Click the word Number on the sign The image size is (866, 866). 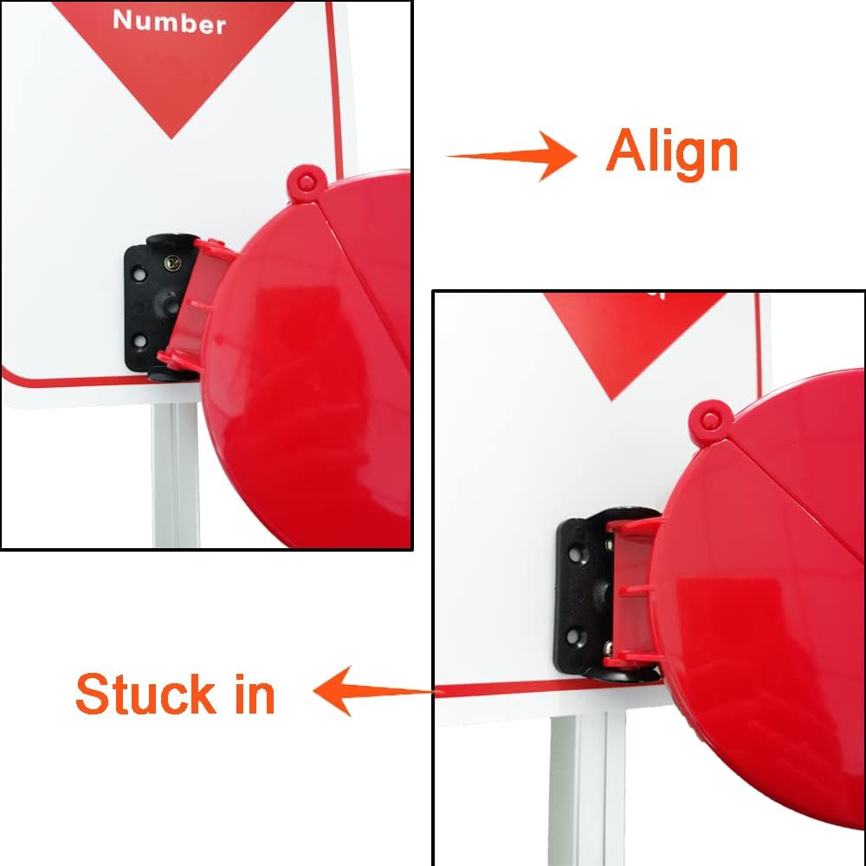click(x=169, y=21)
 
